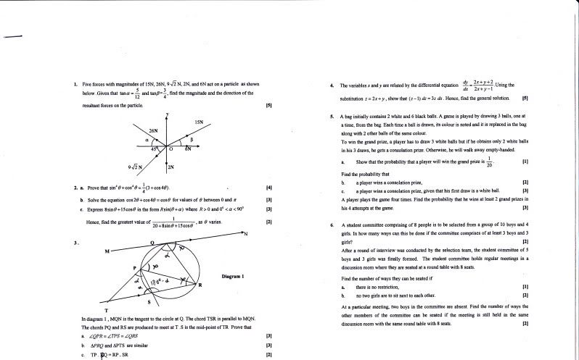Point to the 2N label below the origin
click(x=171, y=167)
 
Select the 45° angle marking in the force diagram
click(x=154, y=148)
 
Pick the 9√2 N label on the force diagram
click(x=134, y=168)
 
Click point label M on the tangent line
click(x=106, y=251)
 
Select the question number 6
click(x=331, y=225)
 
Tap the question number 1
click(x=75, y=85)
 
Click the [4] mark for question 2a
click(x=269, y=188)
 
